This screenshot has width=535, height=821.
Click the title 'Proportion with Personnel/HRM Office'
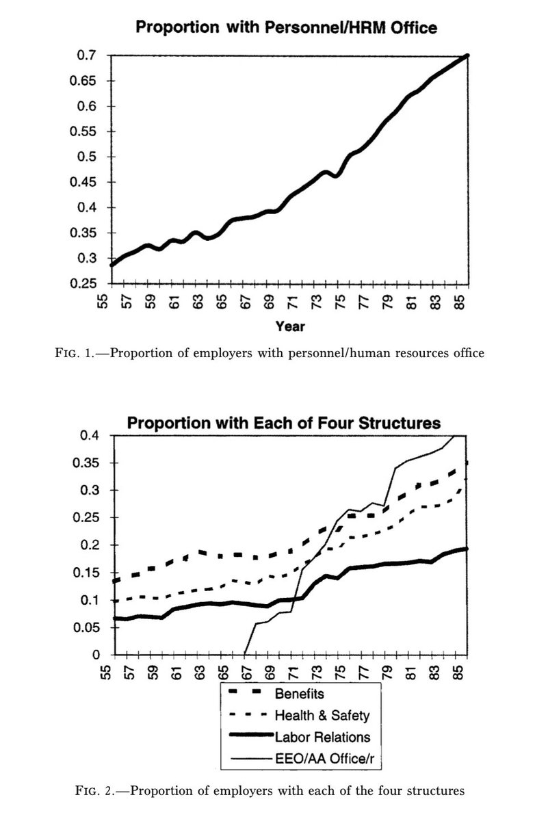tap(286, 27)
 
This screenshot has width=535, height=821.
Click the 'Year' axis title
tap(289, 326)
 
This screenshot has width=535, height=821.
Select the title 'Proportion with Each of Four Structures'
tap(284, 422)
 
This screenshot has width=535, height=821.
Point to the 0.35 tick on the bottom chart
tap(88, 463)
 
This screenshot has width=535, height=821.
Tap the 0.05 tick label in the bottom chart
tap(88, 627)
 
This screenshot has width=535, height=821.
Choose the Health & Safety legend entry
tap(322, 716)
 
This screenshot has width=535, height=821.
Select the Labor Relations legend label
tap(322, 737)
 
